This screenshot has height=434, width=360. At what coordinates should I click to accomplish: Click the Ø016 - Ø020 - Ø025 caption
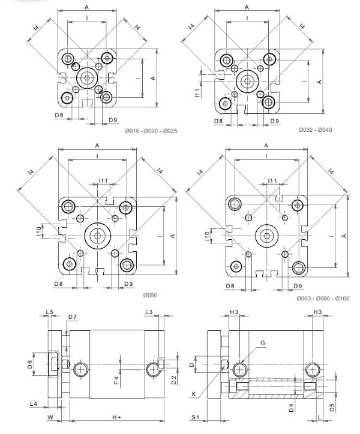tap(151, 131)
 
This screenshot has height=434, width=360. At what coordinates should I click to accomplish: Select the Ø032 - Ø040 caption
tap(315, 129)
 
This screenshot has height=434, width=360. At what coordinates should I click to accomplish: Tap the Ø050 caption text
tap(150, 296)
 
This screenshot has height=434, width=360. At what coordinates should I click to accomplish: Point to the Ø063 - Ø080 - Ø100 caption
tap(323, 299)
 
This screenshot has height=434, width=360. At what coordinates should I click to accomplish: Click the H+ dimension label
tap(116, 417)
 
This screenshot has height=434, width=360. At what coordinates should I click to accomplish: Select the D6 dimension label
tap(30, 364)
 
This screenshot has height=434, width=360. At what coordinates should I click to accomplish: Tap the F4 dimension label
tap(116, 380)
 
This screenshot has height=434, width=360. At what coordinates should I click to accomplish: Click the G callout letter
tap(263, 343)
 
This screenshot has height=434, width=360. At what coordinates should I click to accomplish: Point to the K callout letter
tap(194, 394)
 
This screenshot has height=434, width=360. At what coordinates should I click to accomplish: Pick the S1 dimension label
tap(196, 417)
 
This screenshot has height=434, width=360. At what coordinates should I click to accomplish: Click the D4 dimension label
tap(291, 408)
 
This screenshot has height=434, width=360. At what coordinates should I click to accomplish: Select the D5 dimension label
tap(332, 408)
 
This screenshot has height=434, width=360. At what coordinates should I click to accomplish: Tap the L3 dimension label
tap(149, 312)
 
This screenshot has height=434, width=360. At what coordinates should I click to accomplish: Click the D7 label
tap(73, 317)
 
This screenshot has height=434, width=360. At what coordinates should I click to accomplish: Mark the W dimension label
tap(50, 417)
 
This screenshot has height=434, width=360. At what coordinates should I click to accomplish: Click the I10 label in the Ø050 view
tap(38, 231)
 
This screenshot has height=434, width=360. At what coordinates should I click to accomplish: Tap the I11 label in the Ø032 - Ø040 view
tap(197, 93)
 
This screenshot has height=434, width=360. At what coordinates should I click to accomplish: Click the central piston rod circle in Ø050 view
tap(98, 235)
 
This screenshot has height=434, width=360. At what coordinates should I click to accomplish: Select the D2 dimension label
tap(174, 380)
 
